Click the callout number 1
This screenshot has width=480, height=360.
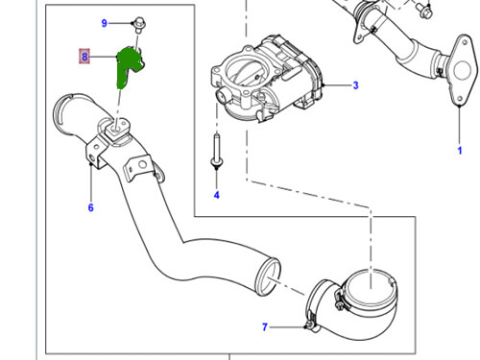(x=459, y=151)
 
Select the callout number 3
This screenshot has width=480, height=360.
(x=354, y=85)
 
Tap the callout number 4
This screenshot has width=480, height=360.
(x=216, y=195)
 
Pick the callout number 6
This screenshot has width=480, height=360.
(x=90, y=207)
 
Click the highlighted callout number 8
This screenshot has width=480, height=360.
(x=84, y=58)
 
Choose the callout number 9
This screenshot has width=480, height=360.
(x=104, y=21)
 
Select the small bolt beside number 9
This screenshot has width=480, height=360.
(x=137, y=21)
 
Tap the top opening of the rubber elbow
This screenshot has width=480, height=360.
(x=370, y=285)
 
